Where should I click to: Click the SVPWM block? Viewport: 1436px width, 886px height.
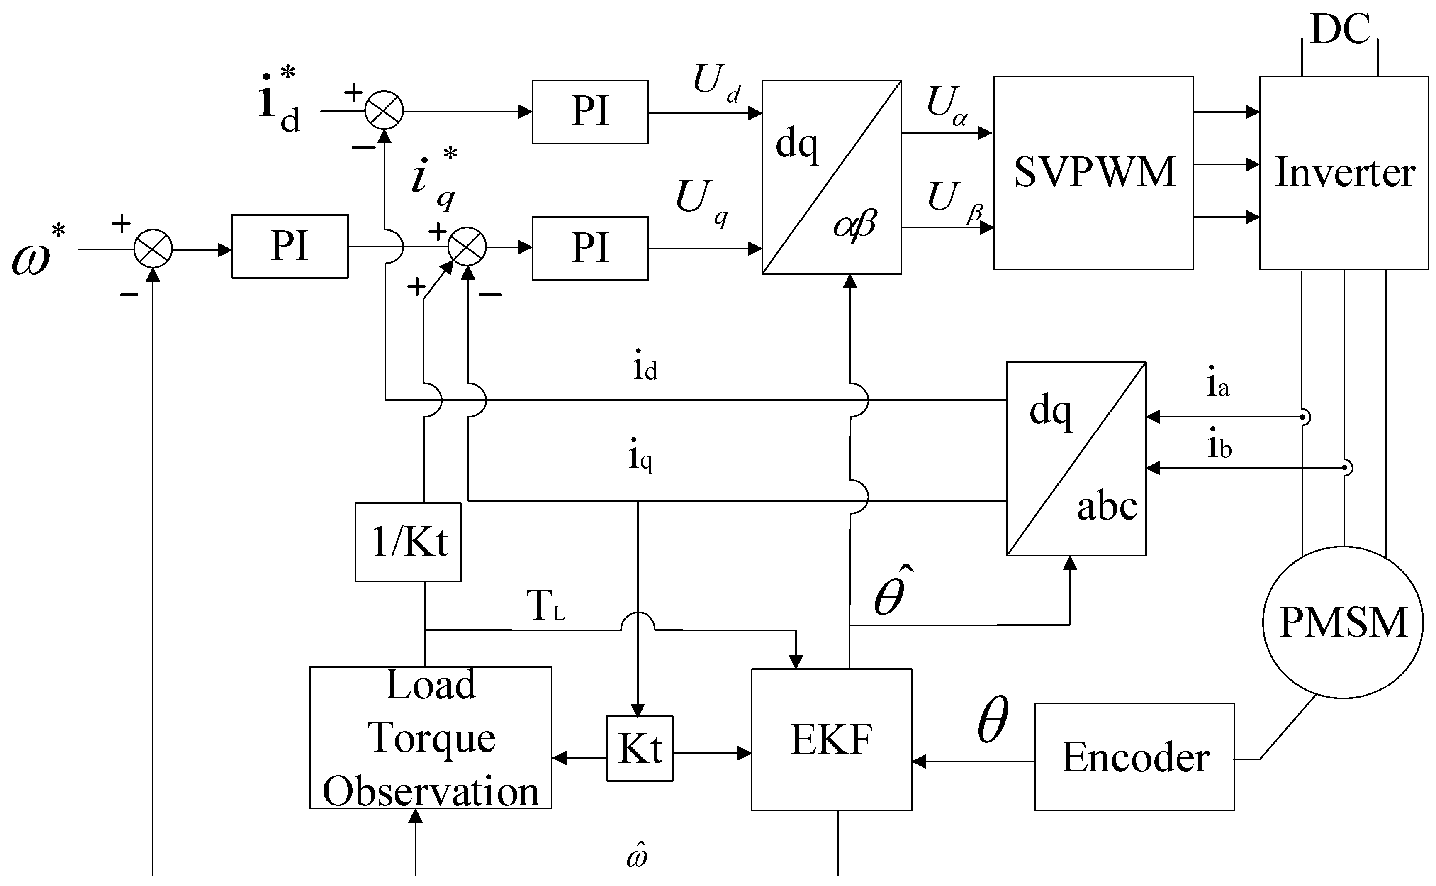click(x=1093, y=173)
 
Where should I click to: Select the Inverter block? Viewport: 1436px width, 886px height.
click(x=1344, y=173)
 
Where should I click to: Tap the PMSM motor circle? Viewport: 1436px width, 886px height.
click(x=1342, y=622)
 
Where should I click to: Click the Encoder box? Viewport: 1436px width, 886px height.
click(x=1134, y=757)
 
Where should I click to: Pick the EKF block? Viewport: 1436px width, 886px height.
click(x=831, y=740)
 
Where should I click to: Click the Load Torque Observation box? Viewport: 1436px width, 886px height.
click(x=431, y=738)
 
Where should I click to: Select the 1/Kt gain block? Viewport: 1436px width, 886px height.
click(x=408, y=542)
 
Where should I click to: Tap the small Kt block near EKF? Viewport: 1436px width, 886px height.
click(x=640, y=748)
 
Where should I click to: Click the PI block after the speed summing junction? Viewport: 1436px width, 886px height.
click(x=290, y=247)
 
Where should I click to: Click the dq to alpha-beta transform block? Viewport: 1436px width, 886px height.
click(x=831, y=177)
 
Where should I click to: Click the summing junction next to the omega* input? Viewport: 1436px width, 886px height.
click(x=153, y=249)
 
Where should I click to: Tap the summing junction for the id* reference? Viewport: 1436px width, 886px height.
click(x=384, y=110)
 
